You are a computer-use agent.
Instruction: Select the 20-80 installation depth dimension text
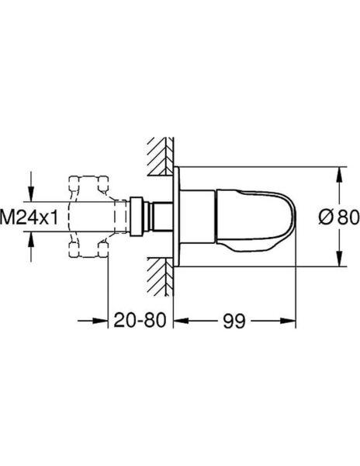140,319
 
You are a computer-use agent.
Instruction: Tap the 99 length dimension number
235,319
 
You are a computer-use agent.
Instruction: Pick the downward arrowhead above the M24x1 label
32,191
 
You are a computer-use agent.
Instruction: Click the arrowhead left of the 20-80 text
100,319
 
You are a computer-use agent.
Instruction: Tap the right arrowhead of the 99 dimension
292,319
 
